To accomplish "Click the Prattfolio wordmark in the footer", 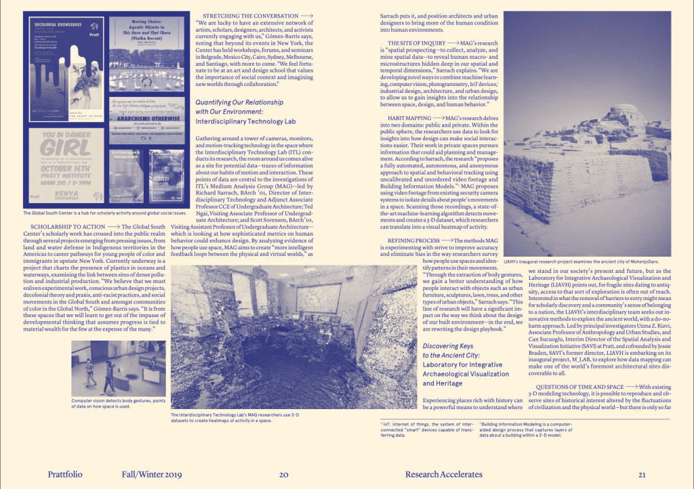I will click(65, 474).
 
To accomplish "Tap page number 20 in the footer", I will click(285, 474).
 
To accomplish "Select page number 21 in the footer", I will click(641, 474).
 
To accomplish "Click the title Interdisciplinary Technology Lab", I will click(246, 121).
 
